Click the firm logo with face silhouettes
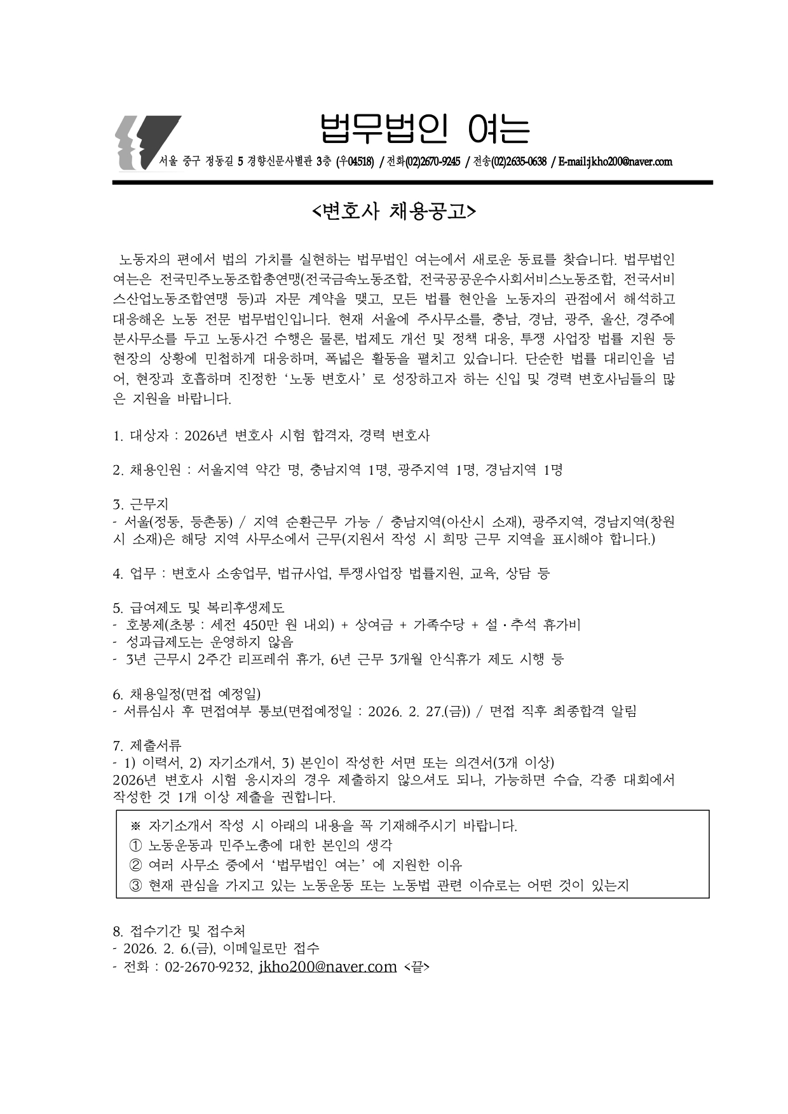[x=146, y=143]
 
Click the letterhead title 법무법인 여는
[x=424, y=129]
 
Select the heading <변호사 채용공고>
[x=394, y=211]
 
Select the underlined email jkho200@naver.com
[x=327, y=967]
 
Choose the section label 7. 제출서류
[x=147, y=745]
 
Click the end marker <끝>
[x=416, y=967]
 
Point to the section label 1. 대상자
[x=140, y=436]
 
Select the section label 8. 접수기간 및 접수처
[x=179, y=932]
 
